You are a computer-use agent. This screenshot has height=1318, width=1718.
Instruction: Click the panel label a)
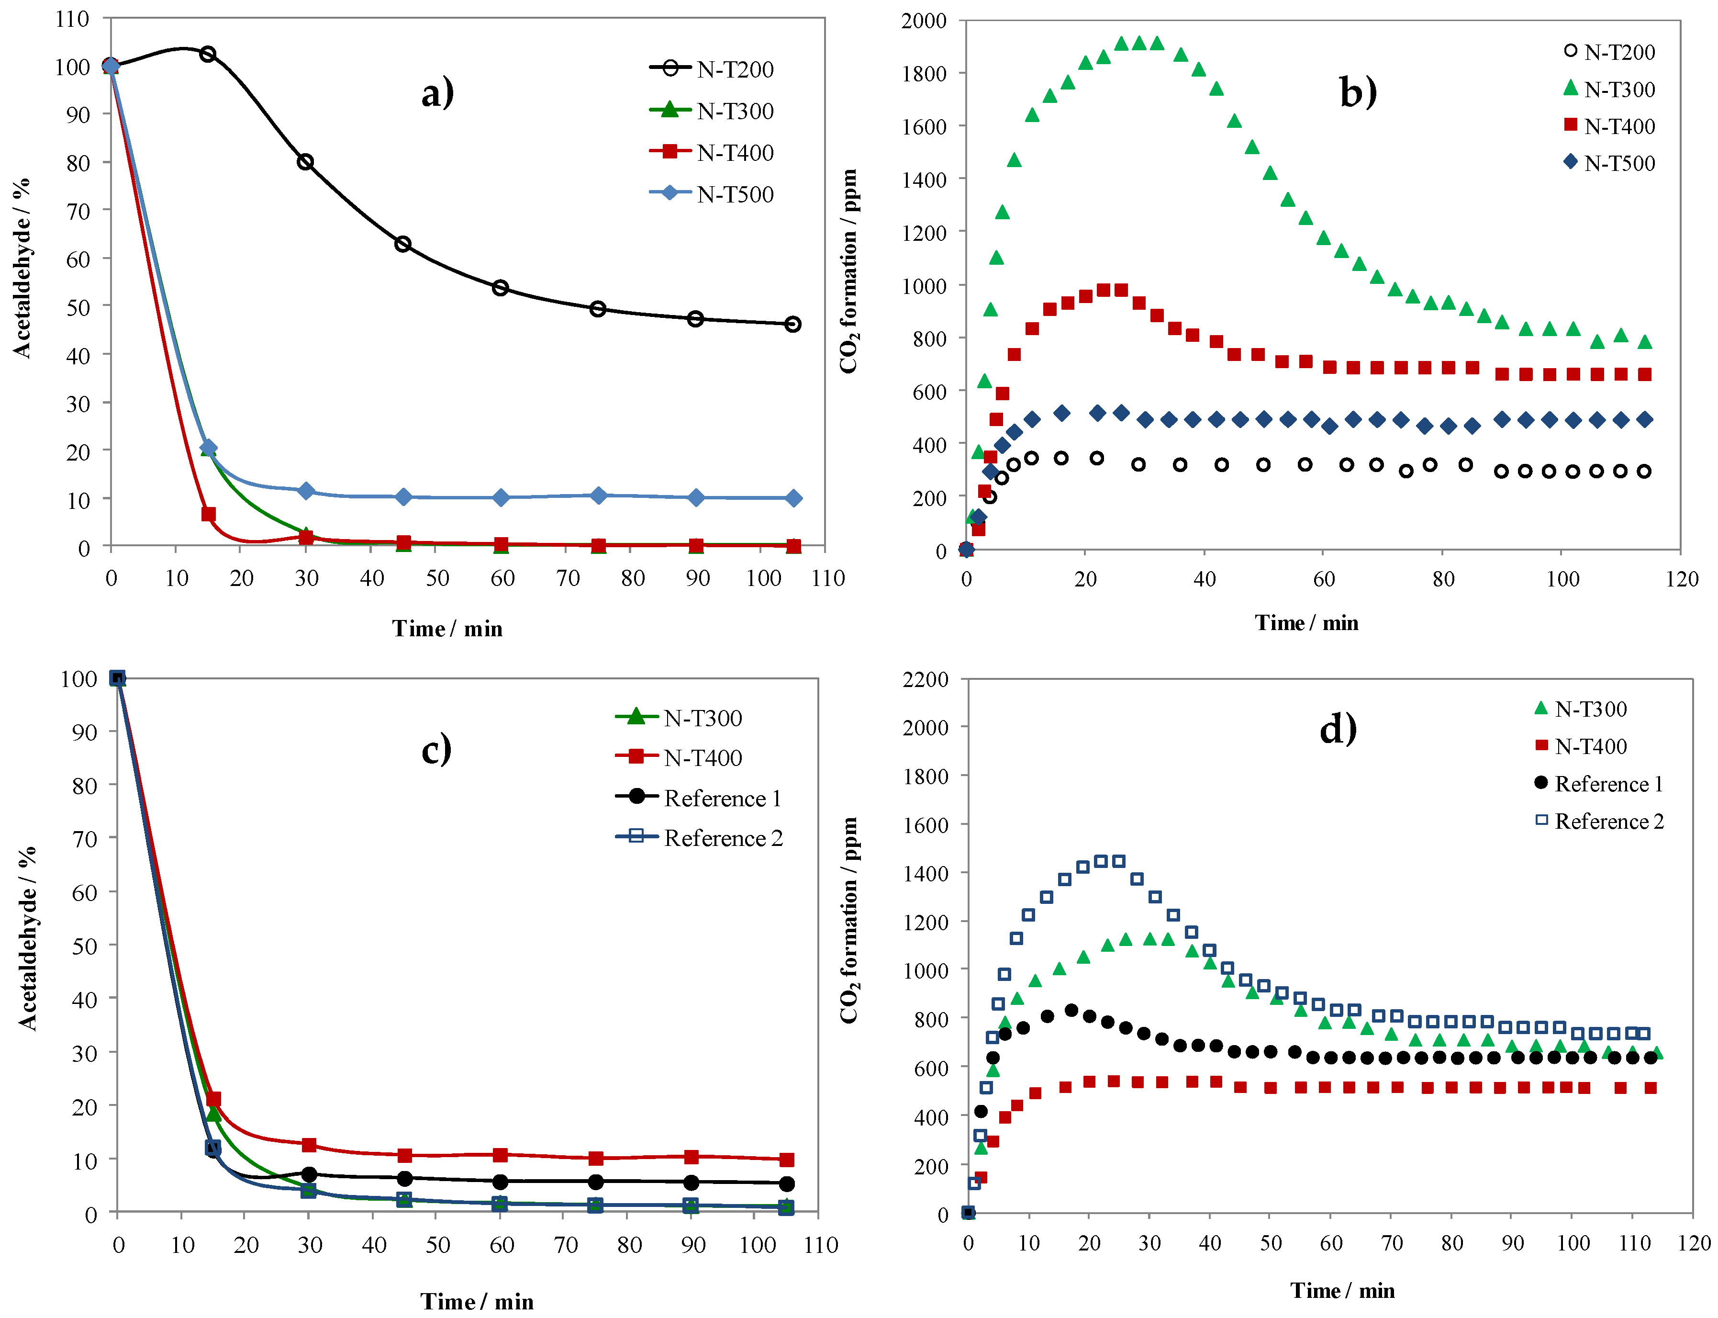[437, 93]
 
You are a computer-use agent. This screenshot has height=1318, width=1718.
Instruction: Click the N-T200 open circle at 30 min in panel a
[306, 162]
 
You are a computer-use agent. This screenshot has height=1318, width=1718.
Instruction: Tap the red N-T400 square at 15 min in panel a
[208, 514]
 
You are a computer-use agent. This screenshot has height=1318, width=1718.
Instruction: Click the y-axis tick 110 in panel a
[72, 18]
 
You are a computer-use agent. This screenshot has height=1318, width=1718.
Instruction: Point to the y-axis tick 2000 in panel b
[924, 21]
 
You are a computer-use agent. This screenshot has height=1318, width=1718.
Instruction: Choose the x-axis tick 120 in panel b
[1681, 579]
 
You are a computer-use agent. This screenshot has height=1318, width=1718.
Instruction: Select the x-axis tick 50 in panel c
[437, 1245]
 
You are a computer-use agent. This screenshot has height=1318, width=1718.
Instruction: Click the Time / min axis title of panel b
[1306, 622]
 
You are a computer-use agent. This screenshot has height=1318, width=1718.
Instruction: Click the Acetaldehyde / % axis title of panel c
[27, 937]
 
